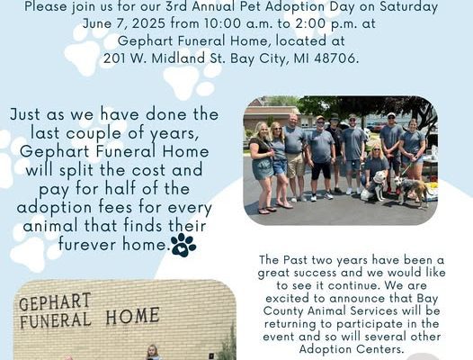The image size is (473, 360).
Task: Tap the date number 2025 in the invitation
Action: tap(148, 23)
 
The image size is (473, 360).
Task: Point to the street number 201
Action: tap(114, 58)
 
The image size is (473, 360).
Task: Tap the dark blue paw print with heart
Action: tap(183, 245)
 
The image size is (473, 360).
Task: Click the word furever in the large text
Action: tap(87, 244)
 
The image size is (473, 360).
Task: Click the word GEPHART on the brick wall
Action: tap(55, 301)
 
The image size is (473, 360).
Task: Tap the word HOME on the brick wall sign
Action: tap(133, 316)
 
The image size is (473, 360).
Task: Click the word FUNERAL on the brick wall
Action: tap(56, 319)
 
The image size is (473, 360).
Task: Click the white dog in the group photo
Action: tap(374, 187)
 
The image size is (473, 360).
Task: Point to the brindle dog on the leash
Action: tap(412, 190)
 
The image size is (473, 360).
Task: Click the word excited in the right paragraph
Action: tap(286, 299)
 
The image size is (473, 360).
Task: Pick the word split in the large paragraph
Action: tap(76, 171)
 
